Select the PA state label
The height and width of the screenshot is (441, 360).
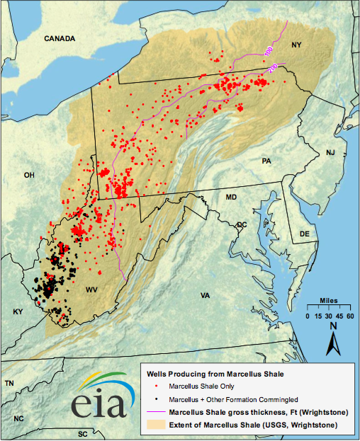point(266,161)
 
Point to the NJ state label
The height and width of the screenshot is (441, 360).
point(330,153)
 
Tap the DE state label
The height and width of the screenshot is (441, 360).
point(305,233)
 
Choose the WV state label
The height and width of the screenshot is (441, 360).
point(91,291)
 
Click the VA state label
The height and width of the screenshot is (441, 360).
point(206,295)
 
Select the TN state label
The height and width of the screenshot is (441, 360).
point(9,383)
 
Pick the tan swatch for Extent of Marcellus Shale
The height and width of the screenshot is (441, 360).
point(155,424)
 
